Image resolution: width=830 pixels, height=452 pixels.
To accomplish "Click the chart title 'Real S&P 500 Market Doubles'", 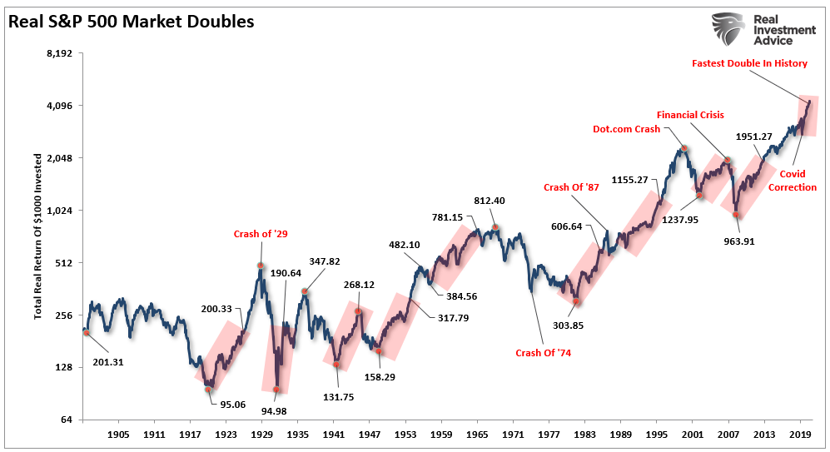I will [x=132, y=22].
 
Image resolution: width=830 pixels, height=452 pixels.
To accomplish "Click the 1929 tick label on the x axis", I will [x=261, y=435].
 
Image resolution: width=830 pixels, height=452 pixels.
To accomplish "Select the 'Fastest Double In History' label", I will [x=750, y=63].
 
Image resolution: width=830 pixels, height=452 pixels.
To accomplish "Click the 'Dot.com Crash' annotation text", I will [x=626, y=129].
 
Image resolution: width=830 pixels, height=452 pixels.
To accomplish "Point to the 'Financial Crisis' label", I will [x=690, y=115].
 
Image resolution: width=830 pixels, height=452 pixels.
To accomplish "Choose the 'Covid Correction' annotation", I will [x=798, y=181].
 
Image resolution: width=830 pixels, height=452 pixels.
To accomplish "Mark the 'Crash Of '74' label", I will [x=544, y=353].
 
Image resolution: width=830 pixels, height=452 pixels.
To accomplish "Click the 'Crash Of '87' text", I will [x=571, y=188].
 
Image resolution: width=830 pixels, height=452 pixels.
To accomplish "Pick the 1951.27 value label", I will [x=754, y=137].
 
